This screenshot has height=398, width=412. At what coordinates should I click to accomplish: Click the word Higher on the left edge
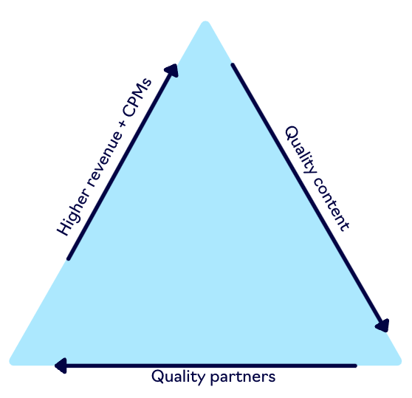pos(72,211)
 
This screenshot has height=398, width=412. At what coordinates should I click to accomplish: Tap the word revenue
pos(105,158)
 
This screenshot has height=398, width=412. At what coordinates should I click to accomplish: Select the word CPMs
pos(137,97)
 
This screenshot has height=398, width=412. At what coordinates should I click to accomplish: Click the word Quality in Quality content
pos(301,150)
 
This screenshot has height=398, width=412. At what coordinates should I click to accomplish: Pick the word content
pos(332,204)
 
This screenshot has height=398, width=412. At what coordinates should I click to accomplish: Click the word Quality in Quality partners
pos(179,377)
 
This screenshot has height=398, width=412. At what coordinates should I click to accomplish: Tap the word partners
pos(243,377)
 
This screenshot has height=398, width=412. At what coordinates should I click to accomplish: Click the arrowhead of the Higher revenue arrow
pos(172,70)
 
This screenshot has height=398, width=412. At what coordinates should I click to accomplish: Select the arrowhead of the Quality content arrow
pos(382,326)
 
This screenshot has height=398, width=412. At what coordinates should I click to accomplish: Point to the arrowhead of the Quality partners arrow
pos(61,366)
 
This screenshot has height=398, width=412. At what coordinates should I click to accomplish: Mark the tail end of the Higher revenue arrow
pos(69,258)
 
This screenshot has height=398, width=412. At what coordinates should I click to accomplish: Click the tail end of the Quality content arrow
pos(233,65)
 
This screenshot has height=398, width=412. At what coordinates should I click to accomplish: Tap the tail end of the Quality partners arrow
pos(355,366)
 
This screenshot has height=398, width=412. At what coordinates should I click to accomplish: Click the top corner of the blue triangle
pos(205,21)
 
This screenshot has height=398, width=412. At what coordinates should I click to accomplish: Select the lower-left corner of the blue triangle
pos(10,363)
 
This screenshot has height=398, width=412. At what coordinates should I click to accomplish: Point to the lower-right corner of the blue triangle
pos(401,363)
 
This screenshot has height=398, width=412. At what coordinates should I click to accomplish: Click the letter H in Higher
pos(63,227)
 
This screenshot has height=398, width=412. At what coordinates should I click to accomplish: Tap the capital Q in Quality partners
pos(157,376)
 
